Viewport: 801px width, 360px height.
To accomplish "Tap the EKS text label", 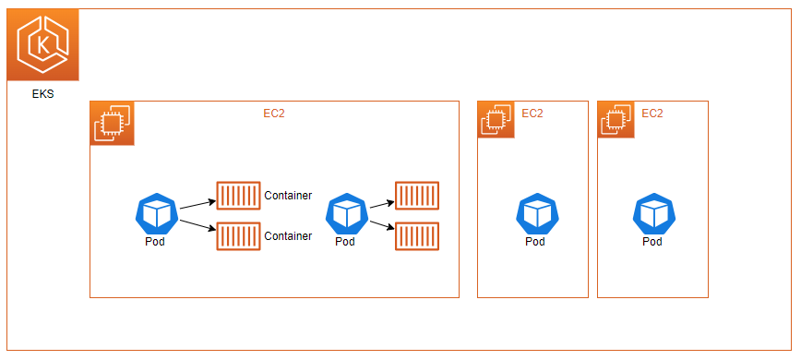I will tap(42, 93).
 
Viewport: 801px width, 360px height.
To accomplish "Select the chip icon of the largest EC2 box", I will tap(113, 124).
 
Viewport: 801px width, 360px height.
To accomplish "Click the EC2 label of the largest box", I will tap(274, 114).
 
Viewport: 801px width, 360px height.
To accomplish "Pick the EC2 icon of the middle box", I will tap(496, 119).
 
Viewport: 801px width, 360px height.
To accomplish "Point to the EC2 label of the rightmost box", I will tap(652, 114).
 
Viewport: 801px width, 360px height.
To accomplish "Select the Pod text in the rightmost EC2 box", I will tap(652, 242).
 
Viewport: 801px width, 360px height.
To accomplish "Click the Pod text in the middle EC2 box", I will tap(534, 242).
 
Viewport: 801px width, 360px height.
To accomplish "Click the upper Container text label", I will tap(288, 196).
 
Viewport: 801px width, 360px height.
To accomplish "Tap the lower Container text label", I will tap(288, 236).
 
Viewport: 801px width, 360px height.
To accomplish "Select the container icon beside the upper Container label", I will tap(237, 196).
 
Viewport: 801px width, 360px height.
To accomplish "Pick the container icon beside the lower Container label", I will tap(237, 236).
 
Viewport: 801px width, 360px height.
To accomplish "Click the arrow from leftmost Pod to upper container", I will tap(196, 204).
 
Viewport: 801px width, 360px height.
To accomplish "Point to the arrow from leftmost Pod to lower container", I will tap(196, 227).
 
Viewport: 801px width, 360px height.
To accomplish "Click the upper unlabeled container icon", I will tap(417, 196).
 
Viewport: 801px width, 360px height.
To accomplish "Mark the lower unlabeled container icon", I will tap(417, 236).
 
